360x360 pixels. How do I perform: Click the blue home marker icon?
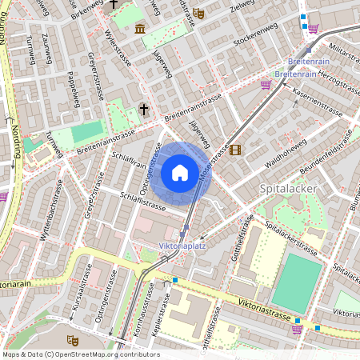pos(180,173)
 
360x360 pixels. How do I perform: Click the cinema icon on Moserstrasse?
pos(234,150)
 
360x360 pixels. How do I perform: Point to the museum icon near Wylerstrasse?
pos(140,30)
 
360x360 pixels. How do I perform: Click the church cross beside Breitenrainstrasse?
pos(144,109)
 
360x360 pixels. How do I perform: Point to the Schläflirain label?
pos(130,159)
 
